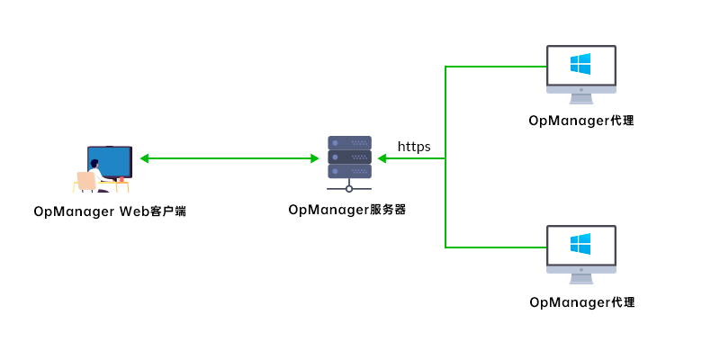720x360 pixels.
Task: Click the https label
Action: click(414, 146)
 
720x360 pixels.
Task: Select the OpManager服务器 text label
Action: click(347, 210)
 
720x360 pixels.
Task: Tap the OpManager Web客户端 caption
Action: click(110, 211)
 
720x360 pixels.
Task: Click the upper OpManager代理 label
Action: click(581, 121)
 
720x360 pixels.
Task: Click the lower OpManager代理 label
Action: click(581, 301)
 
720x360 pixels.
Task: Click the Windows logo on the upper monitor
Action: click(580, 64)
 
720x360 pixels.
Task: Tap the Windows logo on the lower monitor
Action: click(580, 244)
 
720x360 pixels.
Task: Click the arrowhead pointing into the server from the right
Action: click(382, 158)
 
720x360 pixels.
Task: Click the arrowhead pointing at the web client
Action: click(144, 158)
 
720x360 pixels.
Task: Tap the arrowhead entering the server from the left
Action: click(314, 158)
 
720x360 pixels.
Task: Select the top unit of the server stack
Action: click(349, 142)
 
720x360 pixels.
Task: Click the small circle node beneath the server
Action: click(349, 189)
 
